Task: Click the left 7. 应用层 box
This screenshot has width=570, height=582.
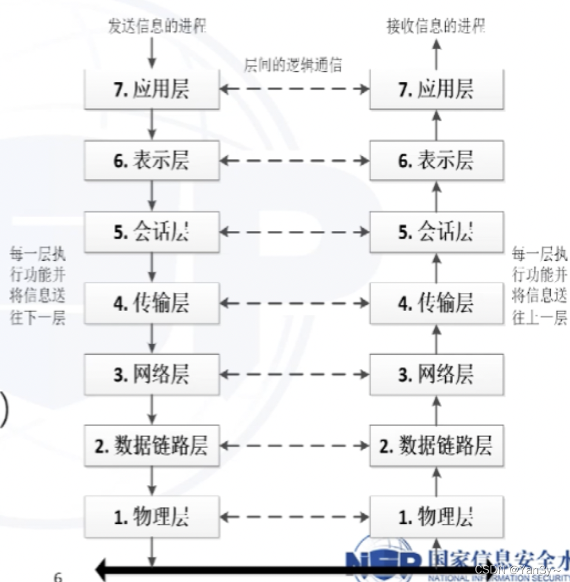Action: [152, 89]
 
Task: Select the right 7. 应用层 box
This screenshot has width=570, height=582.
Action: [437, 89]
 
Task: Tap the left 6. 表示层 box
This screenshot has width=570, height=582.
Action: [152, 160]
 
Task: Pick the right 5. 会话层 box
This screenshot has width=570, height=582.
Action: [437, 232]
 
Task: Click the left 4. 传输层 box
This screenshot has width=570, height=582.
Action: [152, 303]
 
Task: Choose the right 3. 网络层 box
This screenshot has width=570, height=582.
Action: [437, 374]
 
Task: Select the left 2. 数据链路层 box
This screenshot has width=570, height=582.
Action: [152, 446]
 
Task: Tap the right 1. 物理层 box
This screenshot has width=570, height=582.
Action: [437, 517]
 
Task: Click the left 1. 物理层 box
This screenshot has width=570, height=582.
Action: [152, 517]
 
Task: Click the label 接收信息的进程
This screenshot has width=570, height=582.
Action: [437, 26]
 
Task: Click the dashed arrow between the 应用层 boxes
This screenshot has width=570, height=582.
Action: [294, 89]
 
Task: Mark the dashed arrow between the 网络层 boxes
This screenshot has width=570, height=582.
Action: [294, 374]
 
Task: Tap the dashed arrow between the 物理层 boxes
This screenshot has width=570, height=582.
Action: [294, 517]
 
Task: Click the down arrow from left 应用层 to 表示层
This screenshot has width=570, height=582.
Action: [152, 124]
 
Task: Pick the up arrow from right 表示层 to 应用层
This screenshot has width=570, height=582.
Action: [437, 124]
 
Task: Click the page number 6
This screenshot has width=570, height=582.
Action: [58, 576]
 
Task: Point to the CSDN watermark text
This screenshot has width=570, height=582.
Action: [518, 570]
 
